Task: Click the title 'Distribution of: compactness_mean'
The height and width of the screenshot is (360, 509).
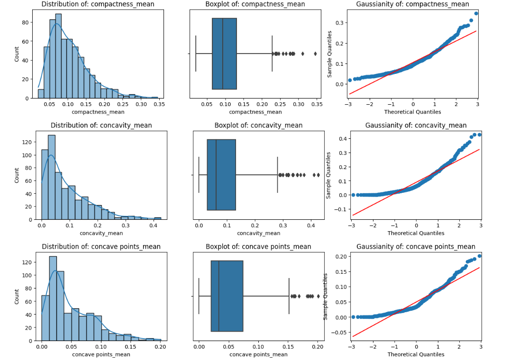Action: pyautogui.click(x=98, y=4)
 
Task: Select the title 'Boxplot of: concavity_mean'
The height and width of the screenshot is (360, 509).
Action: pyautogui.click(x=258, y=126)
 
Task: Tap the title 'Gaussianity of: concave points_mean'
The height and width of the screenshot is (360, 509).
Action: pyautogui.click(x=416, y=246)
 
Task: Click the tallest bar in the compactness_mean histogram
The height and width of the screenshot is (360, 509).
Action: pyautogui.click(x=58, y=57)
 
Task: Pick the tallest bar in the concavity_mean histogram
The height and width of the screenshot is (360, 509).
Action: pyautogui.click(x=52, y=178)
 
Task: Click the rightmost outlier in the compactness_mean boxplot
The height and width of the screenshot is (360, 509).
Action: pyautogui.click(x=315, y=54)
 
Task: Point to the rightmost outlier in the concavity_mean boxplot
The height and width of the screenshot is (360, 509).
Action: pyautogui.click(x=318, y=175)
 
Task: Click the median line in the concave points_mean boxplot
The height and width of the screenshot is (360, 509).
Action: pyautogui.click(x=218, y=296)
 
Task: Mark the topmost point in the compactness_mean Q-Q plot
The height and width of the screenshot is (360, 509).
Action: pyautogui.click(x=476, y=13)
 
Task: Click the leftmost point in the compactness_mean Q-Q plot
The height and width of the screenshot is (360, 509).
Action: pyautogui.click(x=350, y=80)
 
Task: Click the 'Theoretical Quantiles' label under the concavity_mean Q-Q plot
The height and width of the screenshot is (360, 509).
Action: pyautogui.click(x=416, y=233)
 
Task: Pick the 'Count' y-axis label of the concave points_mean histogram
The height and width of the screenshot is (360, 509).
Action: pyautogui.click(x=17, y=297)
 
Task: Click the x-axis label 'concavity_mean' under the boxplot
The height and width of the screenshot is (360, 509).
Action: pyautogui.click(x=259, y=233)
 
